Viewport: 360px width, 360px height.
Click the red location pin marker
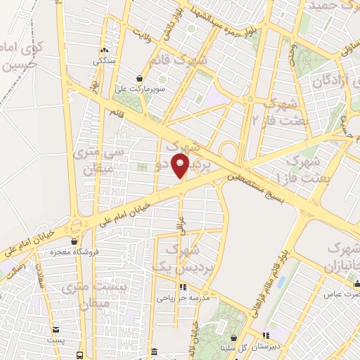pyautogui.click(x=181, y=165)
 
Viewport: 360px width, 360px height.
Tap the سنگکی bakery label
pyautogui.click(x=105, y=60)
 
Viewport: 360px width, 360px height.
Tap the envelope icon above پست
pyautogui.click(x=56, y=328)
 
